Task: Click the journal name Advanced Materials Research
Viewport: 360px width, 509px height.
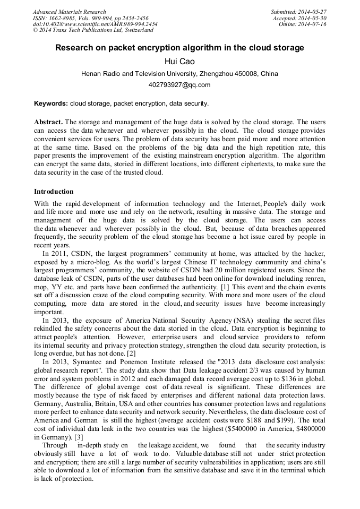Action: (69, 12)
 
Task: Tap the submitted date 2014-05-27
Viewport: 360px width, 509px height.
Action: (313, 12)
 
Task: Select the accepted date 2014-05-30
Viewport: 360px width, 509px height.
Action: (313, 18)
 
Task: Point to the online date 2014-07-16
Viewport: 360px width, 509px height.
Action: (313, 24)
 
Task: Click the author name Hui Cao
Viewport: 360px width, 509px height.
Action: (179, 62)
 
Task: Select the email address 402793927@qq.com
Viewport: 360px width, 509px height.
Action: (179, 85)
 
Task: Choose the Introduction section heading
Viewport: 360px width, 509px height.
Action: (54, 192)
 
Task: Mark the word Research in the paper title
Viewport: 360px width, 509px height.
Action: (76, 48)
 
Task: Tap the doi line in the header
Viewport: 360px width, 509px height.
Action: (95, 24)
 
